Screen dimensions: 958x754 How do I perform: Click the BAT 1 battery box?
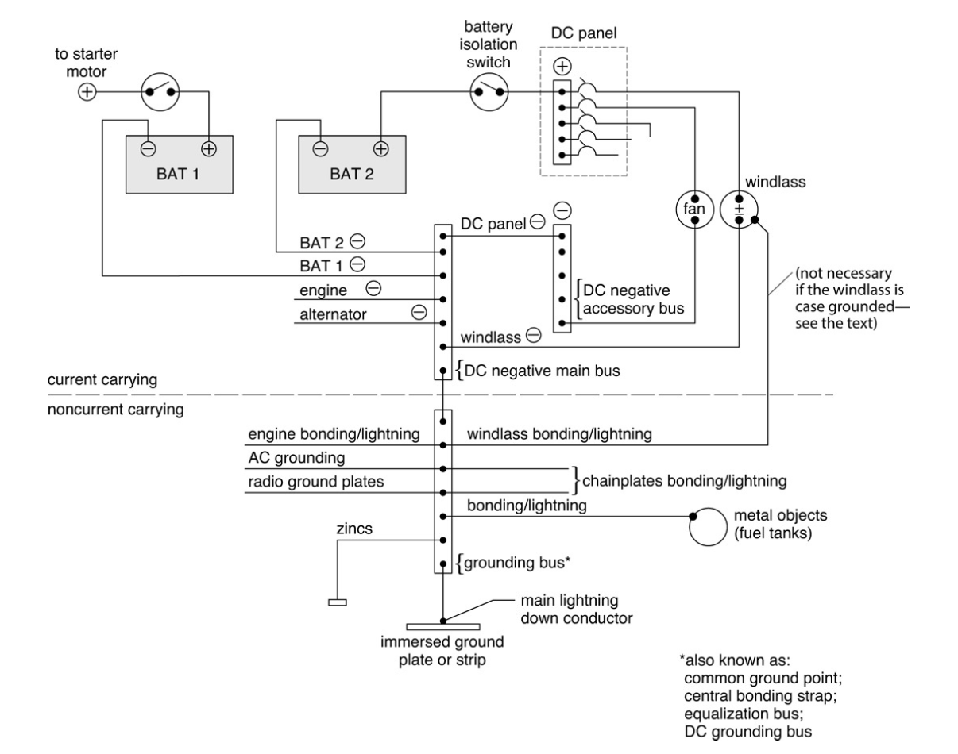pos(179,164)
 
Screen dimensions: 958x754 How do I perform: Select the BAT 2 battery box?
pos(352,164)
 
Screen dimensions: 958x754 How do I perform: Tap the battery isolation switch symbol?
pos(489,92)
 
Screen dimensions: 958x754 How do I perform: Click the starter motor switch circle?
pos(160,92)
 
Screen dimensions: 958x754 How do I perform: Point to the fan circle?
pos(694,209)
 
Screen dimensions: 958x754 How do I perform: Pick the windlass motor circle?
pos(739,209)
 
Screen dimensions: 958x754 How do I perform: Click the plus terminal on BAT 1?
pos(209,148)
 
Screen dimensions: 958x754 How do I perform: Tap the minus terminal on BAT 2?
pos(320,148)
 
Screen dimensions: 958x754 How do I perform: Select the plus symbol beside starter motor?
pos(87,92)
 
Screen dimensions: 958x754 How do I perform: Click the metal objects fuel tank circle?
pos(708,527)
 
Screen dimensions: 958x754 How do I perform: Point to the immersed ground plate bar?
pos(443,627)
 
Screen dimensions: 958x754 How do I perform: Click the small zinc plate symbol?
pos(337,602)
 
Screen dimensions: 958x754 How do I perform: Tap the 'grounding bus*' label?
pos(517,563)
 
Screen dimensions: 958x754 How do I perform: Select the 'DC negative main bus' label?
pos(542,371)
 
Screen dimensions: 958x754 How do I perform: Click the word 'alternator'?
pos(333,314)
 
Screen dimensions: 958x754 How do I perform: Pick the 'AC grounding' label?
pos(296,458)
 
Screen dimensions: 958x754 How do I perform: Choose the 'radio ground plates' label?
pos(315,482)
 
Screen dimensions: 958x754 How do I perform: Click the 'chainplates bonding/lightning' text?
pos(684,481)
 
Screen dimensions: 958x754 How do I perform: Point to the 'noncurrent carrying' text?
pos(115,410)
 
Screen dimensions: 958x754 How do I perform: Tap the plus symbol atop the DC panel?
pos(562,67)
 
